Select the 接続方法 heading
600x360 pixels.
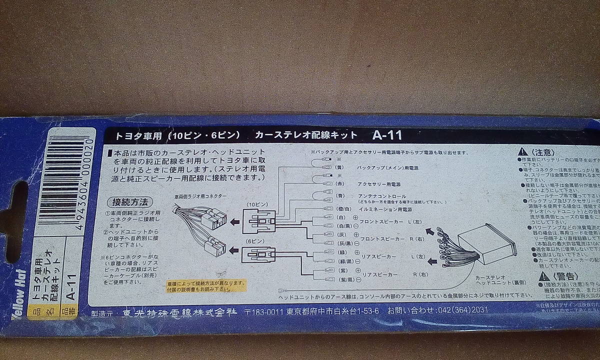[x=129, y=202]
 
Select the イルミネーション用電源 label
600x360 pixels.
[x=385, y=209]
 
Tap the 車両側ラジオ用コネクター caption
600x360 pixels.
[x=199, y=197]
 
